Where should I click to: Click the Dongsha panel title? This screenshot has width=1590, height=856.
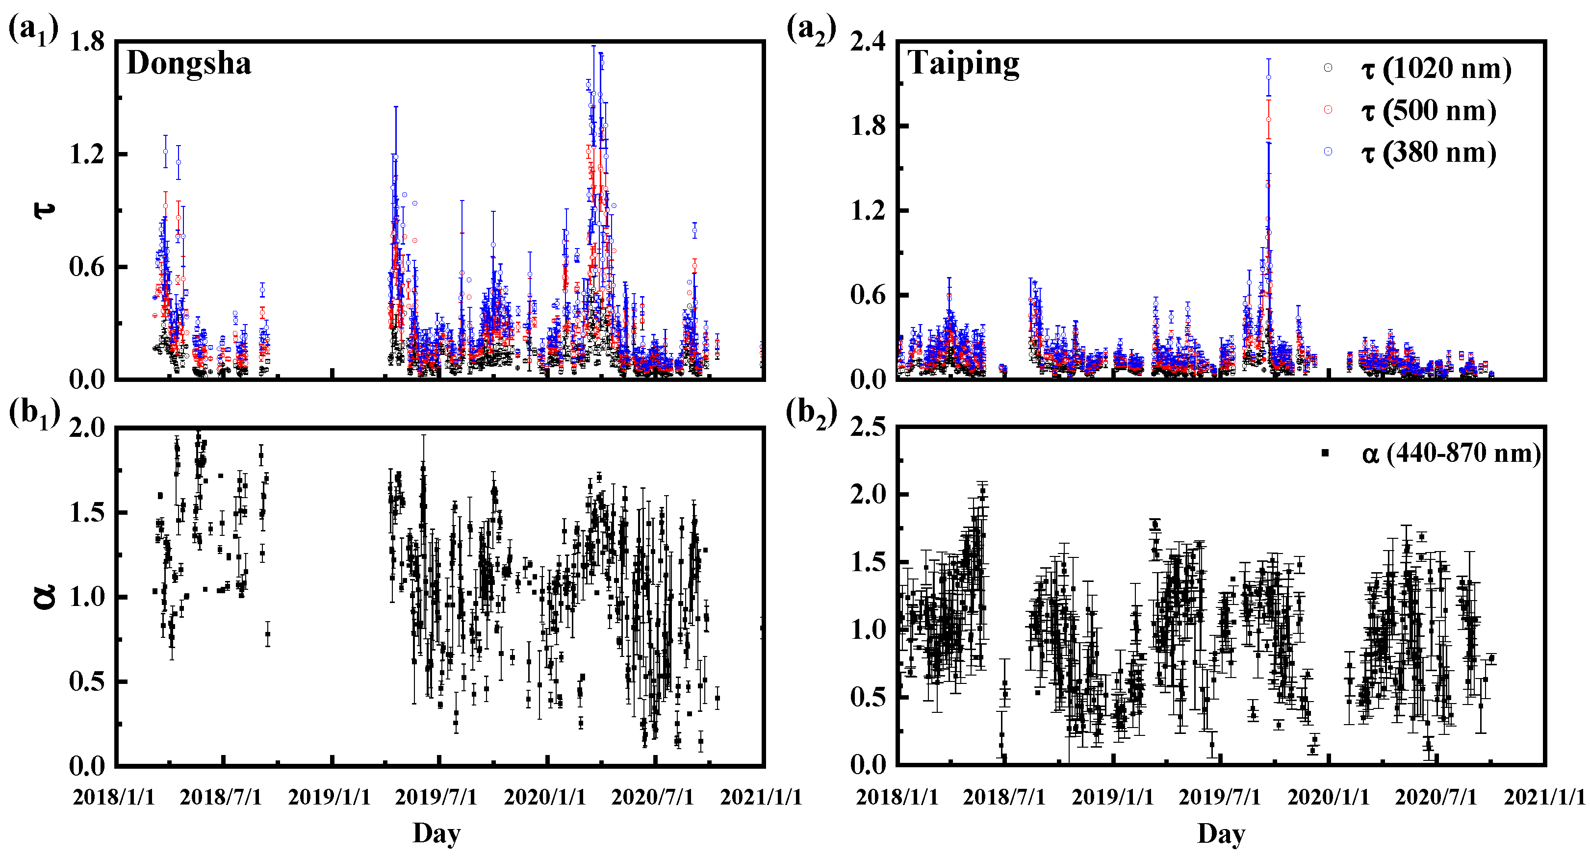188,64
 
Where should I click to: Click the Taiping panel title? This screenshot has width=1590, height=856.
963,64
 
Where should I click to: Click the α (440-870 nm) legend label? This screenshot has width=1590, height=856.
1451,453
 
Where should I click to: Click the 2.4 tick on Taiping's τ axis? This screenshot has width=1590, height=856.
867,42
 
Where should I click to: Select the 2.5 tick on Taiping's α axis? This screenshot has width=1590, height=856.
867,427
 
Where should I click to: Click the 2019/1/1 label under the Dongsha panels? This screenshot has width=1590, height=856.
329,797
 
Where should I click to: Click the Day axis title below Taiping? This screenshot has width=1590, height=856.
1221,833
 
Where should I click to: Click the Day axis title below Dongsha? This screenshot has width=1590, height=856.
436,833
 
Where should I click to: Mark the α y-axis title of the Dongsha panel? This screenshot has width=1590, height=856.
45,597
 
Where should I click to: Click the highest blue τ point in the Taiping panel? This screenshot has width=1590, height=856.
1268,77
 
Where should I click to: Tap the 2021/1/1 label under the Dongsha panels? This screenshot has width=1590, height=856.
761,797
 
